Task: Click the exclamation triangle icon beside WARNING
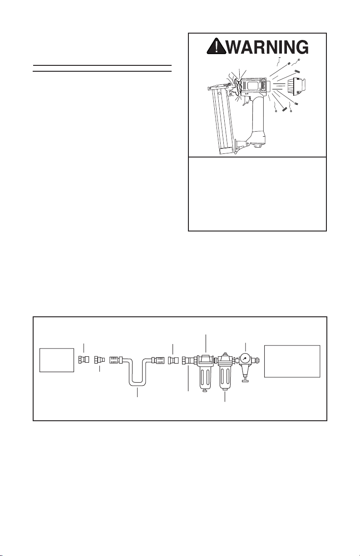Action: (216, 46)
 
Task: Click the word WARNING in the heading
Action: (268, 46)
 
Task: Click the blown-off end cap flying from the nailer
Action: (296, 87)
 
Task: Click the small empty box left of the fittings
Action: (57, 360)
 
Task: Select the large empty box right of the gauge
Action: (292, 361)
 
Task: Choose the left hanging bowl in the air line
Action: (206, 378)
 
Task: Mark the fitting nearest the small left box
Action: (84, 359)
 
